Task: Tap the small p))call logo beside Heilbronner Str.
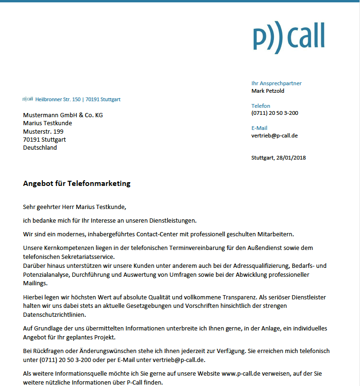click(x=27, y=99)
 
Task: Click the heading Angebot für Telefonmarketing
click(x=77, y=184)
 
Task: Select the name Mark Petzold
click(x=268, y=91)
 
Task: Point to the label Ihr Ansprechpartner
click(x=276, y=83)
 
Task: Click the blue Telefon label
click(x=261, y=106)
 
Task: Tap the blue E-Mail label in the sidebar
click(x=259, y=128)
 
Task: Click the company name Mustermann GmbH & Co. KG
click(x=63, y=115)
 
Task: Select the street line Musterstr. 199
click(x=43, y=131)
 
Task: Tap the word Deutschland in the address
click(x=40, y=147)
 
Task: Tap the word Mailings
click(x=35, y=283)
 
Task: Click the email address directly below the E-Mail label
click(x=274, y=136)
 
